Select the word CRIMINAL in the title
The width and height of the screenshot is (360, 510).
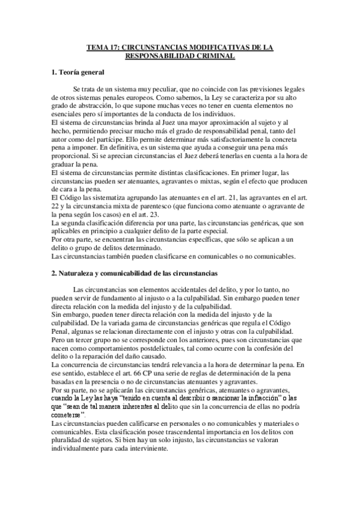tap(213, 55)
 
